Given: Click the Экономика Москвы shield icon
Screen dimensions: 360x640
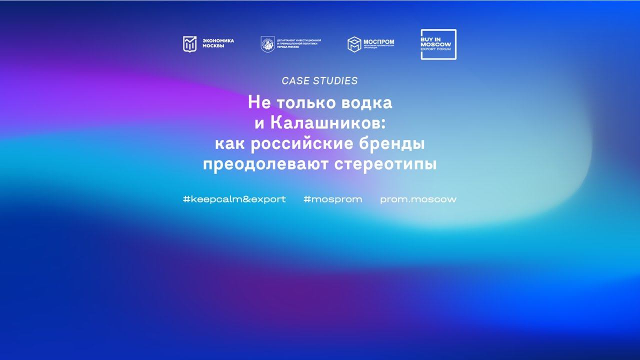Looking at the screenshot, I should [189, 44].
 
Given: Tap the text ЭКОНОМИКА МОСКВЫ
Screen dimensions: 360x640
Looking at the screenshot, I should [218, 44].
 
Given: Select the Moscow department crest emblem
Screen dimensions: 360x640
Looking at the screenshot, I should [267, 44].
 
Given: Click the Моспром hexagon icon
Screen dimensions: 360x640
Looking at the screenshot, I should [354, 44].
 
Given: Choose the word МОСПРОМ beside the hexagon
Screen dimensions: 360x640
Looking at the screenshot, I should [378, 42].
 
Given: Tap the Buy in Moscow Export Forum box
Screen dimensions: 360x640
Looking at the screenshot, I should [438, 44].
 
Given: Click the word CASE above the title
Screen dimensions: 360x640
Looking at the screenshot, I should [295, 81].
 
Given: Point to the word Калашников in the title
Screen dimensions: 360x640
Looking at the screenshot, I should [325, 123].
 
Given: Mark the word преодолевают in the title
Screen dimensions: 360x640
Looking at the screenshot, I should [266, 164].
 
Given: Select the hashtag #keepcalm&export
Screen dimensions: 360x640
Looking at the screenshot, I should [234, 199].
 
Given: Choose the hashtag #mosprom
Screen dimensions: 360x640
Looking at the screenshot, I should [332, 199].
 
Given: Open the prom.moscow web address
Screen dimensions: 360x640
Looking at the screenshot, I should [418, 199].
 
